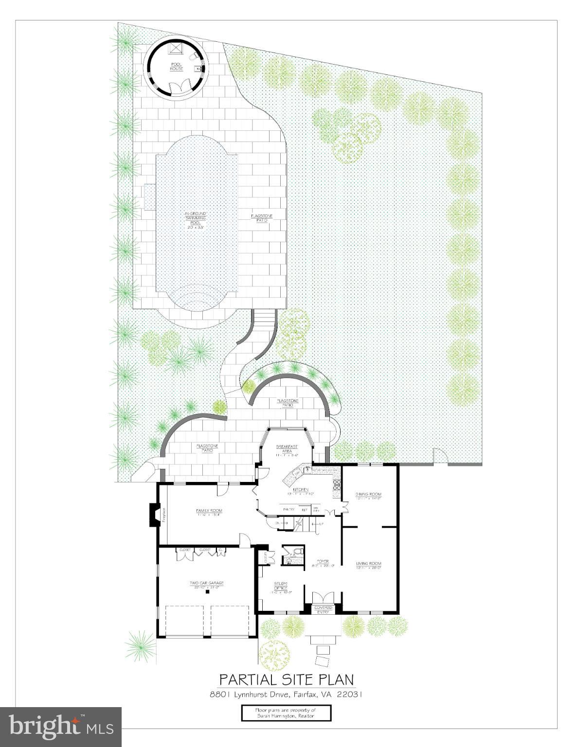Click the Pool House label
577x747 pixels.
pos(176,67)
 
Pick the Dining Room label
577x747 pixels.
pos(368,496)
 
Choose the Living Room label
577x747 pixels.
pos(368,565)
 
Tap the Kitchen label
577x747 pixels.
pos(301,491)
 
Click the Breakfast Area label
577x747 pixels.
pos(287,449)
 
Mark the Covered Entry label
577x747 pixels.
pos(323,609)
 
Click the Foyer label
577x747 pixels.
pos(323,563)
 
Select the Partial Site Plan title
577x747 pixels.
pos(286,679)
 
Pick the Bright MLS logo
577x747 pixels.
pos(61,727)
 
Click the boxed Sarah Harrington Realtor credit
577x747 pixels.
pos(286,713)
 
